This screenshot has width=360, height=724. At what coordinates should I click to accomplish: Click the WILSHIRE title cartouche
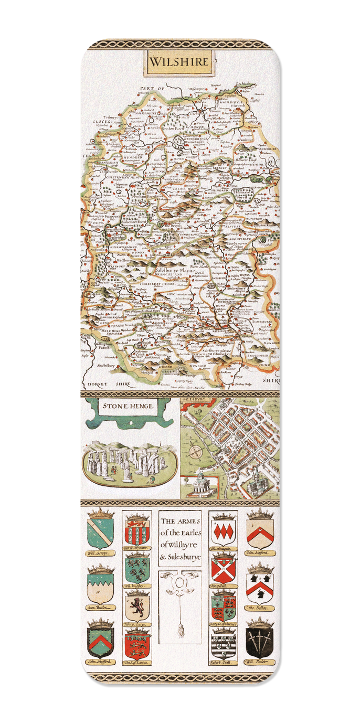[x=180, y=61]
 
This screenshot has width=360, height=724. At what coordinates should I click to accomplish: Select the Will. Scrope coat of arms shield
[x=100, y=534]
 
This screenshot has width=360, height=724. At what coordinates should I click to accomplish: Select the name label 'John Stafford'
[x=101, y=663]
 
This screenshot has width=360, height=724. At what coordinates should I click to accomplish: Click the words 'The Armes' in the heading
[x=179, y=522]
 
